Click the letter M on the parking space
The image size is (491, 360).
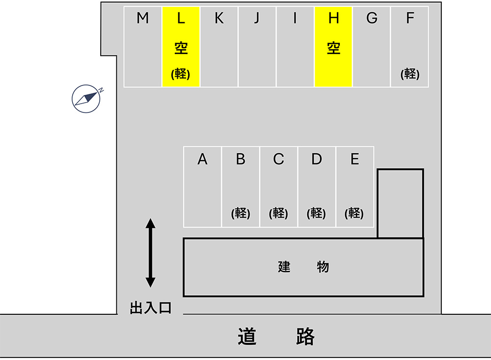pos(143,19)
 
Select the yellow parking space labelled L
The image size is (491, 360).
pos(181,47)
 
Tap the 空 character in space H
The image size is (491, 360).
pos(334,48)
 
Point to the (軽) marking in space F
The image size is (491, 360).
pos(410,74)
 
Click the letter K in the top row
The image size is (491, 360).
pos(219,19)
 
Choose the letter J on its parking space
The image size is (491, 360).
pos(257,19)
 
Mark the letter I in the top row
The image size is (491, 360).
pos(295,19)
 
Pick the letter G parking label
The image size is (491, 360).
pos(372,19)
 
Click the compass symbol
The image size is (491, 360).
pos(87,98)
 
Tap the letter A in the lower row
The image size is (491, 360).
pos(202,159)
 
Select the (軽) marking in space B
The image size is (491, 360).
pos(241,213)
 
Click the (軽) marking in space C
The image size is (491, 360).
pos(278,213)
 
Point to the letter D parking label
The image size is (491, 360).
pos(317,159)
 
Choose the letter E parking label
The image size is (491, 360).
pos(355,159)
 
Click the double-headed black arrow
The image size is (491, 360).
pos(150,253)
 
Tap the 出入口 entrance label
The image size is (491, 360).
pos(150,308)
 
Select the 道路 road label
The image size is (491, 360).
pos(276,337)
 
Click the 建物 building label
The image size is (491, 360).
pos(303,267)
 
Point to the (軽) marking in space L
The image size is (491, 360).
pos(181,74)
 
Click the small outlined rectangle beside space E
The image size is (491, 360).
pos(400,203)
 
